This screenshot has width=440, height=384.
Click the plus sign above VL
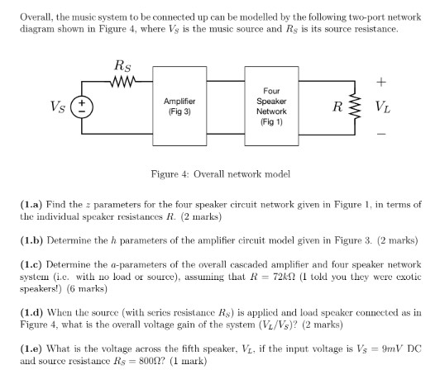coord(381,83)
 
